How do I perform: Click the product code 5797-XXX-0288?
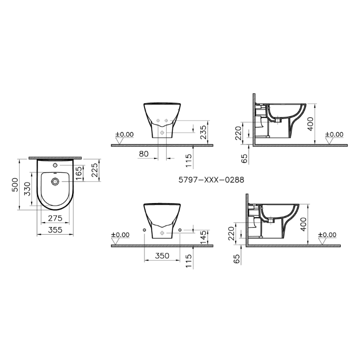coord(211,180)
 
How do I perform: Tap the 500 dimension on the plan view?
coord(15,185)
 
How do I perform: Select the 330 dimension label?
coord(27,189)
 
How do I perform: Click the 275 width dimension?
coord(55,218)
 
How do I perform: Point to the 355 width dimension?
coord(55,229)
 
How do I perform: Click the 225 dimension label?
coord(95,170)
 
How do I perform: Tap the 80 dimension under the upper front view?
coord(144,154)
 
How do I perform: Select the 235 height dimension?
coord(204,132)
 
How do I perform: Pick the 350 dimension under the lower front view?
coord(162,255)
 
